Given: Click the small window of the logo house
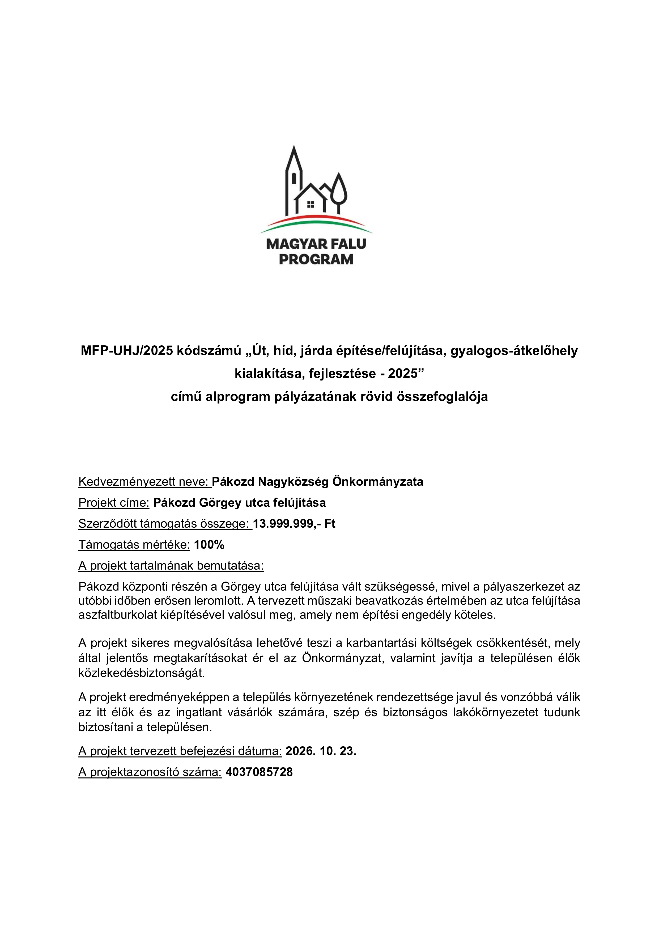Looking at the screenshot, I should [x=311, y=204].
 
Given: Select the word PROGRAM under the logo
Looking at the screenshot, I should [x=316, y=259].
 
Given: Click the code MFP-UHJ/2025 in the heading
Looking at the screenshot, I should [x=127, y=351].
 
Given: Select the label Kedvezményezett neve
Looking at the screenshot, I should [x=144, y=482].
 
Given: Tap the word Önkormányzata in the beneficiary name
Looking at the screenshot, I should [x=378, y=482].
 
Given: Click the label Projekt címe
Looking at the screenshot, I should [x=114, y=503].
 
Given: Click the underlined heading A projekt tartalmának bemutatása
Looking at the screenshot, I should [x=171, y=566].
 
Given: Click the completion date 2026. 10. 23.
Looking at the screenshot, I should [x=321, y=751].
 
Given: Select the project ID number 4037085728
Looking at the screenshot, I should [x=259, y=772].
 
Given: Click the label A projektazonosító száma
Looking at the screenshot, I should [x=150, y=772].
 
